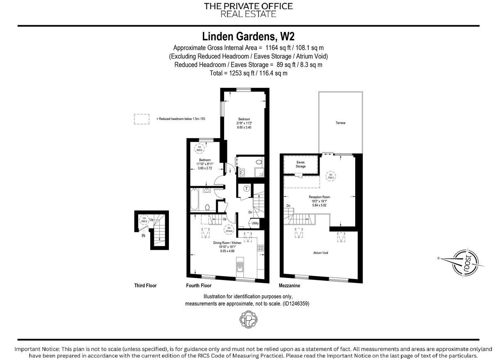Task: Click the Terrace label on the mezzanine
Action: pos(340,123)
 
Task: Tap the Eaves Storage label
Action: pos(300,165)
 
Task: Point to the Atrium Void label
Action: pos(321,253)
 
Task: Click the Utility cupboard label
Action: pos(255,223)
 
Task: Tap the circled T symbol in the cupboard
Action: pos(246,188)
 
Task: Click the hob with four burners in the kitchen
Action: pos(261,248)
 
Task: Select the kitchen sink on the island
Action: pos(240,268)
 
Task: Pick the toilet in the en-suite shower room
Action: pos(259,162)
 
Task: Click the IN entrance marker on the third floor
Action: pos(143,236)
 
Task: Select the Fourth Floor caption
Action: pos(199,286)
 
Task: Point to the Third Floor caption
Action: pos(145,286)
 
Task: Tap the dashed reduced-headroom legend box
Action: pos(142,119)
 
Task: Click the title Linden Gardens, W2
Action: pos(249,36)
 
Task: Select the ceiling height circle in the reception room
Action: pos(331,176)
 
